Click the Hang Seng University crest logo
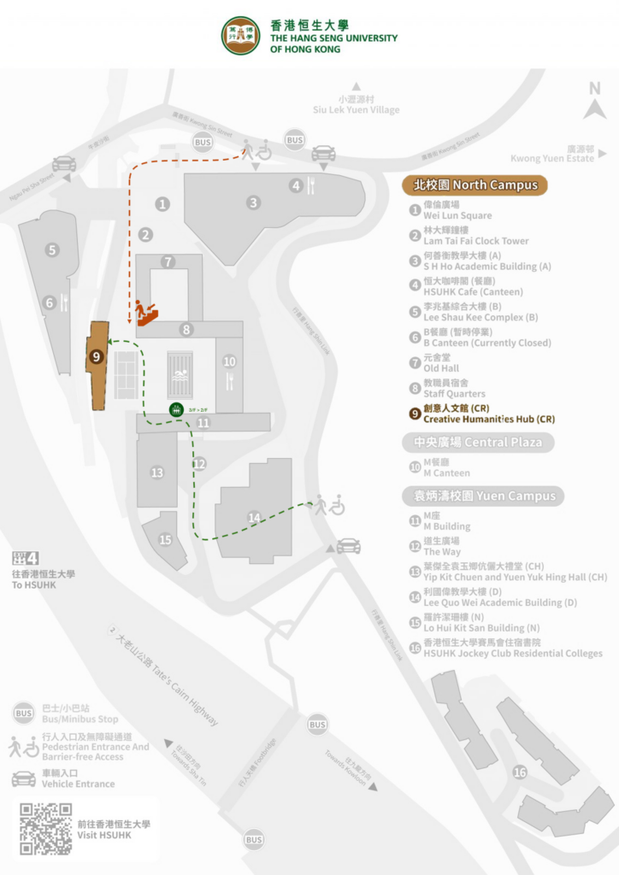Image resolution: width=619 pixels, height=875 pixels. [241, 35]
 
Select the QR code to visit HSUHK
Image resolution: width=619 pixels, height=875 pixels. [46, 828]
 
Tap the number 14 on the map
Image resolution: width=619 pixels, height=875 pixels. [254, 518]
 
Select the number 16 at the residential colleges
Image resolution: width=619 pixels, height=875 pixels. [520, 772]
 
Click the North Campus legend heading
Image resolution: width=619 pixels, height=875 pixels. [475, 185]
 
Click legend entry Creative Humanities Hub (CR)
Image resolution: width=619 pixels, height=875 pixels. [489, 420]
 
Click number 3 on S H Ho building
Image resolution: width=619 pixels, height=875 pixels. [254, 203]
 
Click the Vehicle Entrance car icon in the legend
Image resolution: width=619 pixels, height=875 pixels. [24, 778]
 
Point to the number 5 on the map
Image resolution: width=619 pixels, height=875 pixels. [53, 250]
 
